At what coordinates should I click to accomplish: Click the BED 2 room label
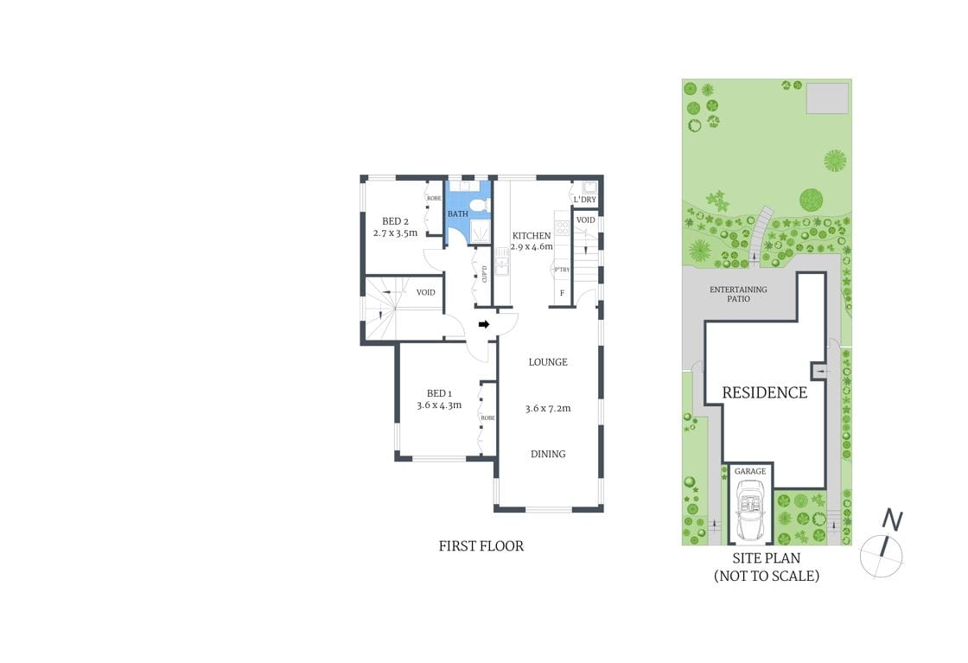tap(395, 221)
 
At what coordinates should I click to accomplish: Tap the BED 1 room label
tap(439, 394)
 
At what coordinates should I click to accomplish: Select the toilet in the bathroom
tap(481, 205)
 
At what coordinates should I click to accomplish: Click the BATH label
tap(457, 214)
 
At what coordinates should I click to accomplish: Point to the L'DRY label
tap(585, 201)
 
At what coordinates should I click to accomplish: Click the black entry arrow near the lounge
tap(484, 325)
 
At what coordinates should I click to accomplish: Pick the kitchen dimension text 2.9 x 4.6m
tap(532, 247)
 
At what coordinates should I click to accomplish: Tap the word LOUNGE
tap(548, 362)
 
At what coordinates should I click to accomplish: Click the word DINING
tap(548, 454)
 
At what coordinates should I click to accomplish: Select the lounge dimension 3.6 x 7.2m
tap(548, 408)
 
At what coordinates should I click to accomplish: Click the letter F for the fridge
tap(563, 293)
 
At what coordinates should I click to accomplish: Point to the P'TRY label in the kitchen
tap(561, 270)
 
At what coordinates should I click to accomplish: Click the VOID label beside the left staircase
tap(425, 292)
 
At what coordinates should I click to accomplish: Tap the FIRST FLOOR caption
tap(481, 546)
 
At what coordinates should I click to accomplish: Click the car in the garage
tap(749, 509)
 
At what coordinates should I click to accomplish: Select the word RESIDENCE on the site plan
tap(764, 392)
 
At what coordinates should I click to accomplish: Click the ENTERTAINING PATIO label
tap(738, 294)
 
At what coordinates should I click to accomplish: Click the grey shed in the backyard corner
tap(827, 99)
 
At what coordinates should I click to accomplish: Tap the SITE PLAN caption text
tap(766, 558)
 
